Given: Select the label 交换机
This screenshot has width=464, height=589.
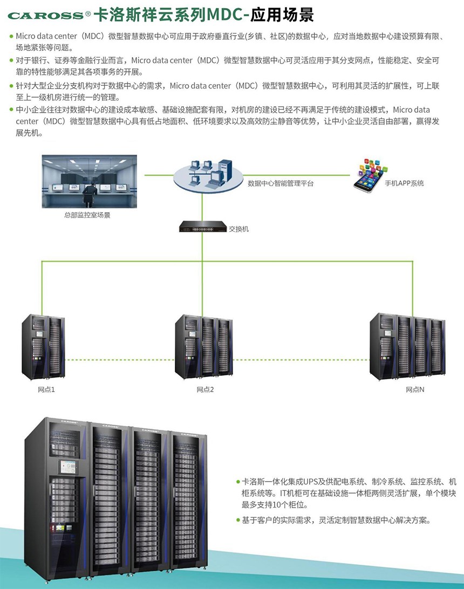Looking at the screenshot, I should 238,229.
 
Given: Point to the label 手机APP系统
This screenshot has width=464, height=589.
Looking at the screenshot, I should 404,183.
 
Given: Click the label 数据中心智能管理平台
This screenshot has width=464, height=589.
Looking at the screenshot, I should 280,183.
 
